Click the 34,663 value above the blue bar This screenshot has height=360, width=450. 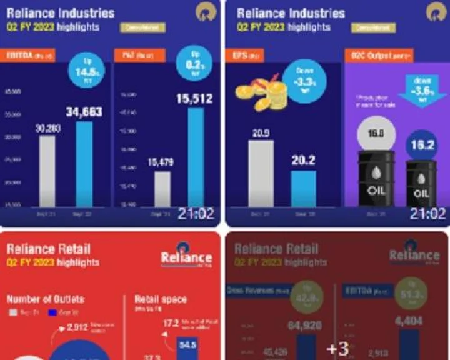(84, 112)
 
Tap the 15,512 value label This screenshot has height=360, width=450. (194, 99)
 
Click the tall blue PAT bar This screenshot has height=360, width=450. (196, 156)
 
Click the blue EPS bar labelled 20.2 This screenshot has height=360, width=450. (304, 188)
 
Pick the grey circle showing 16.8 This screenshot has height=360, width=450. (376, 133)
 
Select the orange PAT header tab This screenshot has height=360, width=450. (139, 55)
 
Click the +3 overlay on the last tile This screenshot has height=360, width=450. (337, 347)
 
